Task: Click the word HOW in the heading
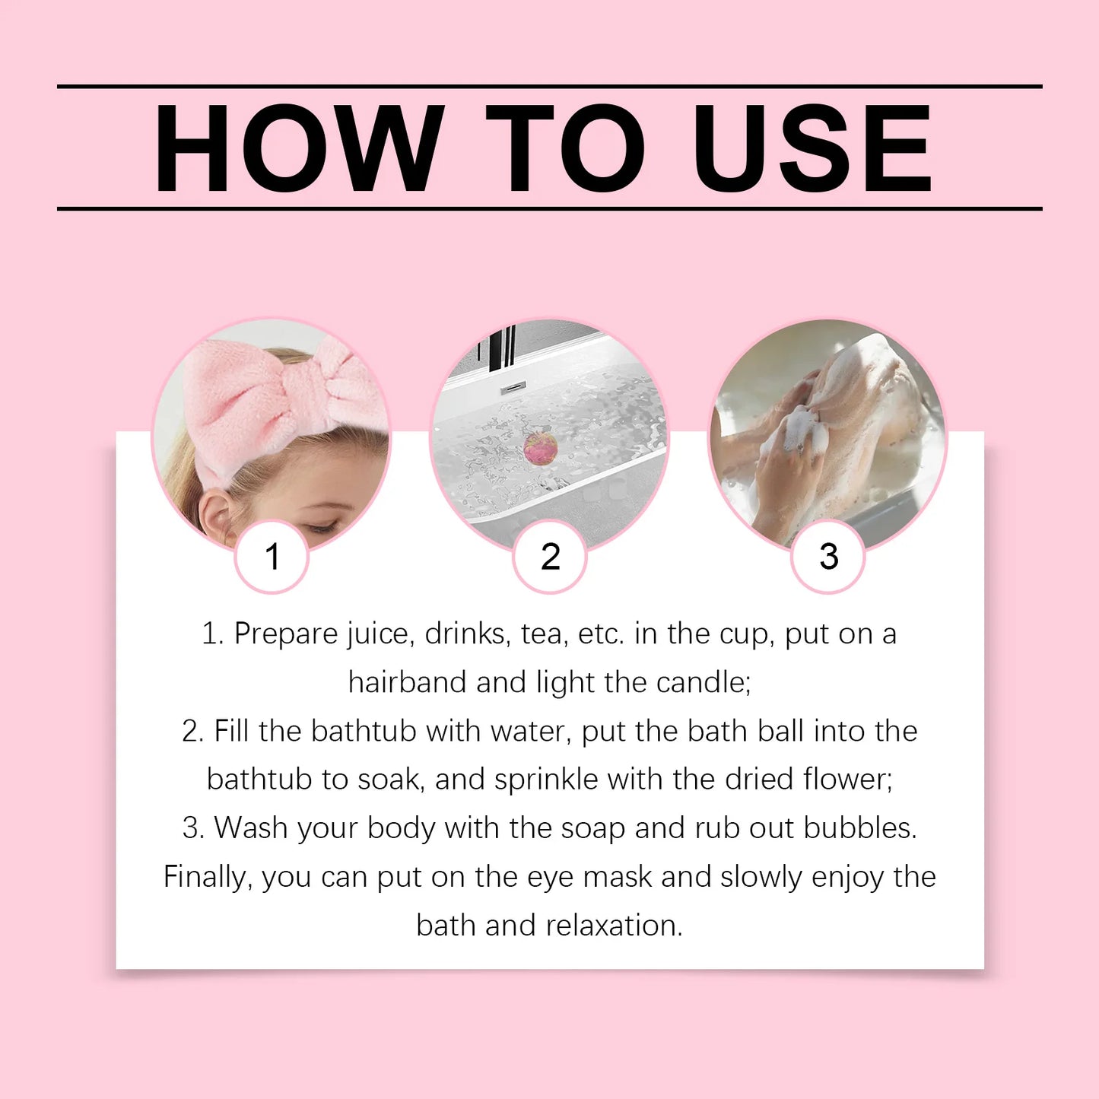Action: (x=299, y=148)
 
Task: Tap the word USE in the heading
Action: (x=812, y=148)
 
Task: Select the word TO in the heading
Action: (x=565, y=148)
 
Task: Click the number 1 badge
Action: (x=272, y=557)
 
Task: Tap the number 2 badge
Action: (x=550, y=557)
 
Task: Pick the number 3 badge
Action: (x=828, y=557)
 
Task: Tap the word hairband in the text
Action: (x=407, y=683)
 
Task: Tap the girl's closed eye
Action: (x=323, y=526)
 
